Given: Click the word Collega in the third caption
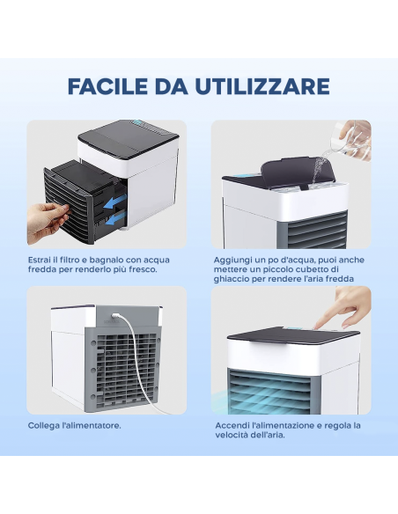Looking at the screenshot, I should pyautogui.click(x=43, y=425).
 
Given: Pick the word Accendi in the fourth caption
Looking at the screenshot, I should pyautogui.click(x=232, y=425).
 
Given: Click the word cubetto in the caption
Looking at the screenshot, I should pyautogui.click(x=314, y=269).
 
